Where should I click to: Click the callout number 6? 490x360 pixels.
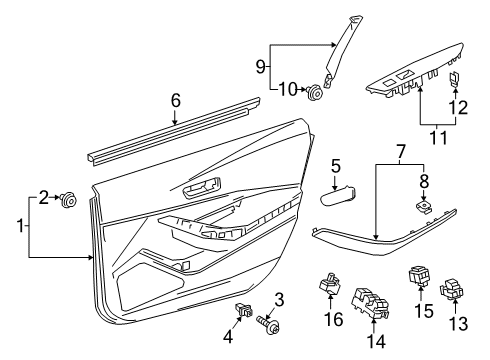tap(175, 100)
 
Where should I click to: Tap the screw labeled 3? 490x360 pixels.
tap(268, 327)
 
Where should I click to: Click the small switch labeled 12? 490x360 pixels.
tap(455, 80)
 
